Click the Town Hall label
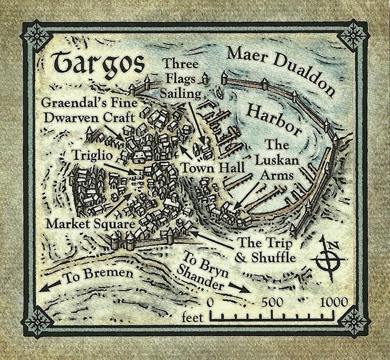coord(212,168)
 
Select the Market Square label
coord(90,224)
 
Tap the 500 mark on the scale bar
coord(272,302)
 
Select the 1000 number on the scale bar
coord(334,302)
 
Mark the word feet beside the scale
coord(192,319)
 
